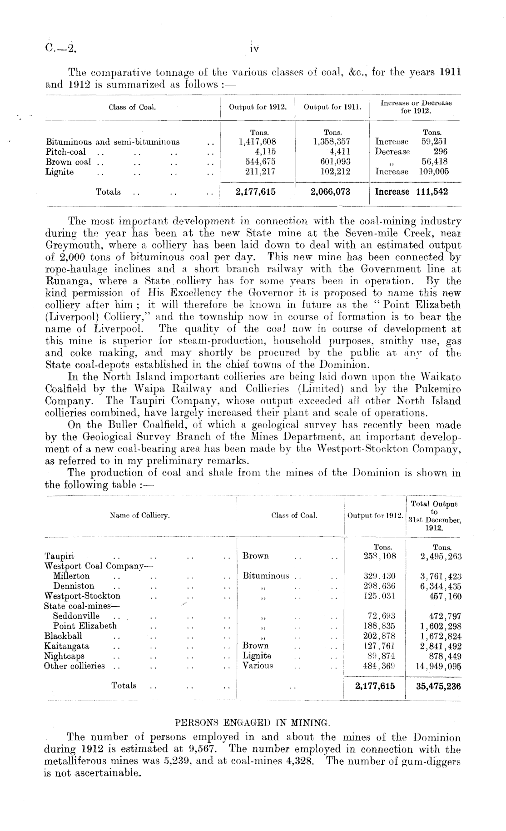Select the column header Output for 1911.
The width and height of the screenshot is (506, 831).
(x=332, y=107)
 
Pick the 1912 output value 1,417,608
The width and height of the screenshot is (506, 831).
(x=258, y=142)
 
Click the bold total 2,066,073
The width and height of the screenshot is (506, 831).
(x=331, y=192)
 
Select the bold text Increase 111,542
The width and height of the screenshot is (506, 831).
(x=411, y=192)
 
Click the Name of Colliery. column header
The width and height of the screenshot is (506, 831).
(x=140, y=515)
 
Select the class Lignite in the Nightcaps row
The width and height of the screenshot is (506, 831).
(x=257, y=656)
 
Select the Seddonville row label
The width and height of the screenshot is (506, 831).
(x=76, y=616)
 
